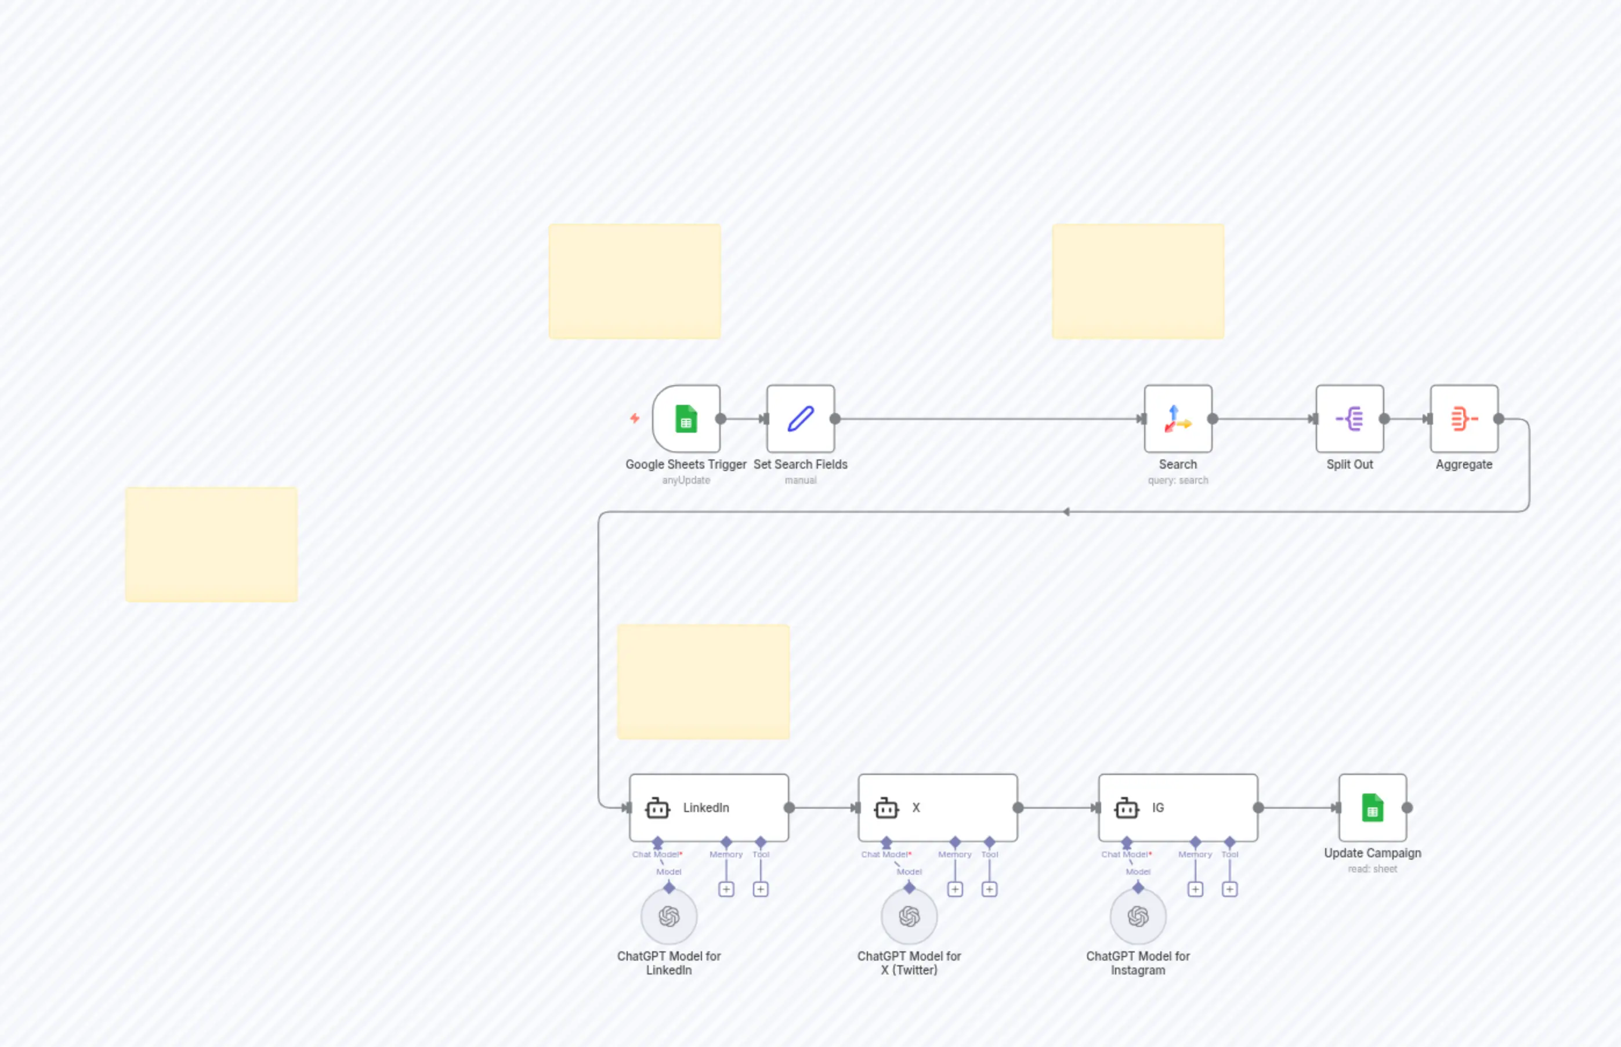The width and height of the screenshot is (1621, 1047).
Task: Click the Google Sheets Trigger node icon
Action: [x=686, y=419]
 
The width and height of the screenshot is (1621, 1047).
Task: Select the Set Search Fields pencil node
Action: [x=800, y=419]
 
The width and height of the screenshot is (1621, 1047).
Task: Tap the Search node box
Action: [x=1178, y=419]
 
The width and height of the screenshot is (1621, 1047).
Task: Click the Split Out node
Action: [x=1349, y=419]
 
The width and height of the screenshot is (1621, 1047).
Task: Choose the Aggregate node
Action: [x=1463, y=419]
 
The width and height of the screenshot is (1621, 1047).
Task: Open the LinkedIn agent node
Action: [x=708, y=807]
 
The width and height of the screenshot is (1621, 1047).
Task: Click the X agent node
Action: [x=937, y=807]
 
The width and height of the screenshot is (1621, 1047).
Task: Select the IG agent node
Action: [x=1178, y=807]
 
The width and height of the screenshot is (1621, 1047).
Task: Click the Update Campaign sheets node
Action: [x=1372, y=807]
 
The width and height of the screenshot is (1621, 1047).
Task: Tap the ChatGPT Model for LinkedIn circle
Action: [x=669, y=916]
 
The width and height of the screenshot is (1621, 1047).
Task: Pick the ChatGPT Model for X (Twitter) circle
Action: [x=909, y=916]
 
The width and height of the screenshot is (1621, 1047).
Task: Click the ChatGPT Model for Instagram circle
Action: [x=1138, y=916]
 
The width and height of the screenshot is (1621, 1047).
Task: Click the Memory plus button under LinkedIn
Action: [x=726, y=889]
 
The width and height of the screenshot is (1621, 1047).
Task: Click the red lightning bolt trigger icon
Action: [x=634, y=418]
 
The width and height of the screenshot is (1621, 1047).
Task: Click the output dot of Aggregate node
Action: [x=1499, y=419]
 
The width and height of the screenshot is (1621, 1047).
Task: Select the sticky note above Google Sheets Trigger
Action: [x=634, y=281]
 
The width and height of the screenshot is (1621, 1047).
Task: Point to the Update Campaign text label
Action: [x=1372, y=853]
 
